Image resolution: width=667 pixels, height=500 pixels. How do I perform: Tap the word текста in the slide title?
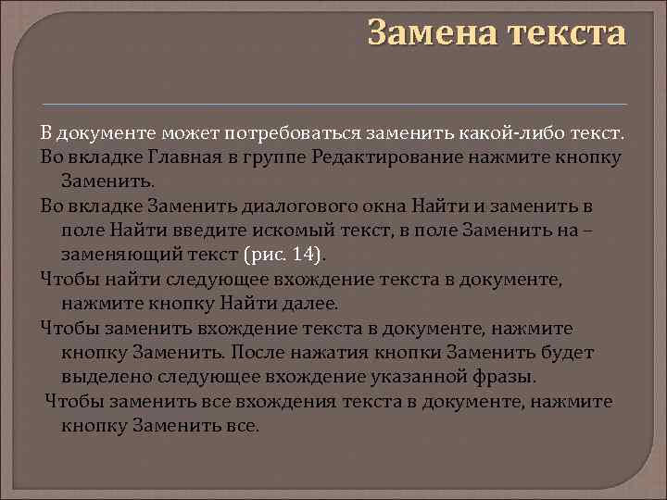[566, 33]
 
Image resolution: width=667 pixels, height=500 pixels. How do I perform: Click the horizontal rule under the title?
[334, 102]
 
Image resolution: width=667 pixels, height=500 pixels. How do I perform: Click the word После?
[262, 353]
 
